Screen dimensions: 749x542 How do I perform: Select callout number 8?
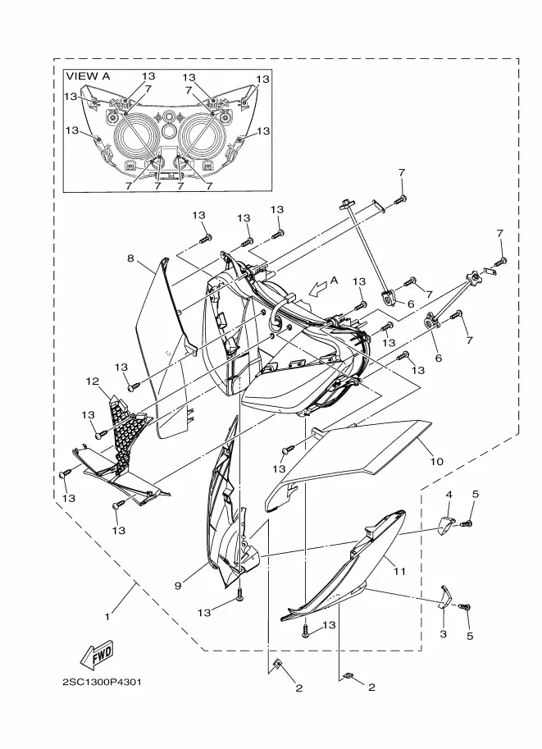click(x=130, y=258)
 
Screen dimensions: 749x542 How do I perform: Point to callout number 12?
click(x=92, y=381)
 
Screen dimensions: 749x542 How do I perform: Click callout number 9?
click(x=178, y=584)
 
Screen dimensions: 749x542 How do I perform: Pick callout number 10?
click(x=436, y=462)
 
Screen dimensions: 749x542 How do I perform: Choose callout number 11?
click(x=399, y=569)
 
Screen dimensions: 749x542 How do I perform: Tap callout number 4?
click(x=449, y=495)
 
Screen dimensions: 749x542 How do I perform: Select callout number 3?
click(x=443, y=634)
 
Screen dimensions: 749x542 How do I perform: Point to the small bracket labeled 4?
click(x=447, y=523)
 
